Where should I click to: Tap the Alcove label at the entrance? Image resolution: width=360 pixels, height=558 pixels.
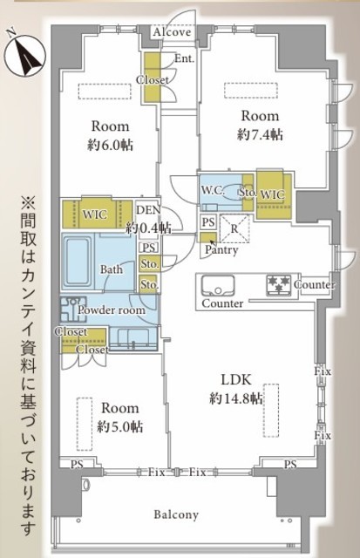click(x=172, y=32)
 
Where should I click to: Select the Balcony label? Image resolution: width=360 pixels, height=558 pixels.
click(x=176, y=514)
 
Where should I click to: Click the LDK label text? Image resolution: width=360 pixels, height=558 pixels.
click(x=236, y=380)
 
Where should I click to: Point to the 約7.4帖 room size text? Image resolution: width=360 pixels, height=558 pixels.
click(x=260, y=134)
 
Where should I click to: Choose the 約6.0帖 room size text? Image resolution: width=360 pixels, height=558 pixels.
click(x=110, y=145)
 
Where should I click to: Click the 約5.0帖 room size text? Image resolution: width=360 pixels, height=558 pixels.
click(x=120, y=426)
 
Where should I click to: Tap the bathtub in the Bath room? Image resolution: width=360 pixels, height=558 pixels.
click(x=78, y=262)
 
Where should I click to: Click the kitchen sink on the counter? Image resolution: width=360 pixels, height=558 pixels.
click(x=218, y=285)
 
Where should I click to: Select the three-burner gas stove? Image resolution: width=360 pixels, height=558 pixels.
click(x=279, y=285)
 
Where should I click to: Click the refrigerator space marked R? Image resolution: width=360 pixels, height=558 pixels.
click(x=234, y=228)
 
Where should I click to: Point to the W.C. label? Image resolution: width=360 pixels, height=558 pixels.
click(x=213, y=190)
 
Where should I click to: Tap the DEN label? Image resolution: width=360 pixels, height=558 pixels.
click(x=149, y=210)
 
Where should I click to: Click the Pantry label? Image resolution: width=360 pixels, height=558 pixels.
click(x=221, y=250)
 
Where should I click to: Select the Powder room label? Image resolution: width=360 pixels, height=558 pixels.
click(x=112, y=310)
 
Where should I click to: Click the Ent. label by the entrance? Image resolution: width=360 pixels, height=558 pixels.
click(x=184, y=58)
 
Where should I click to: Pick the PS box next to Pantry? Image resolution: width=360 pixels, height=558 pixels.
click(x=208, y=222)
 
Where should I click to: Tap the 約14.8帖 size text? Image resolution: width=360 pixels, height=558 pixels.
click(x=236, y=398)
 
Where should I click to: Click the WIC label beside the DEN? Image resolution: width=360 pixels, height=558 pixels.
click(x=94, y=214)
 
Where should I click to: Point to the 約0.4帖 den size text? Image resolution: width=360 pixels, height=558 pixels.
click(x=149, y=227)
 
